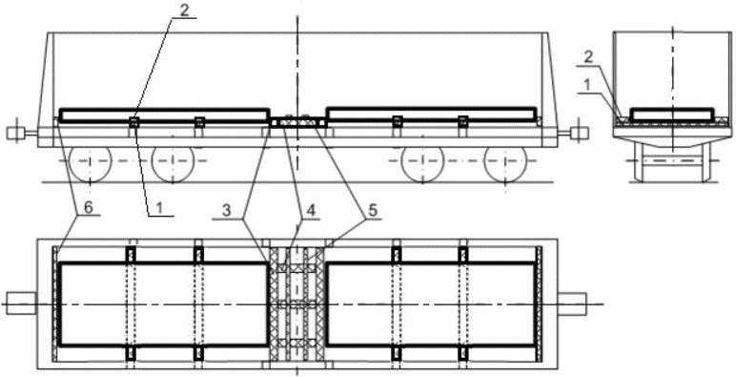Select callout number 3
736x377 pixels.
[x=227, y=212]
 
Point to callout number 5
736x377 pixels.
[x=372, y=212]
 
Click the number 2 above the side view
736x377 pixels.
[x=184, y=10]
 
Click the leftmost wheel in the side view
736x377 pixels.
[x=91, y=164]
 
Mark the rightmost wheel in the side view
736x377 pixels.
[x=505, y=164]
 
